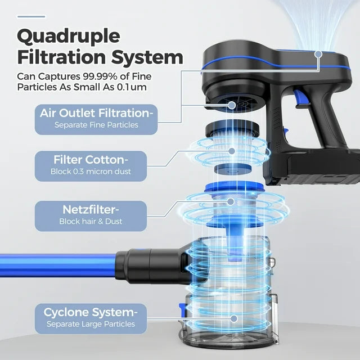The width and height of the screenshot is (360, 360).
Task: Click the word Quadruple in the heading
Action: (69, 35)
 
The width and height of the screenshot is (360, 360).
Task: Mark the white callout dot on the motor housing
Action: (318, 55)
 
